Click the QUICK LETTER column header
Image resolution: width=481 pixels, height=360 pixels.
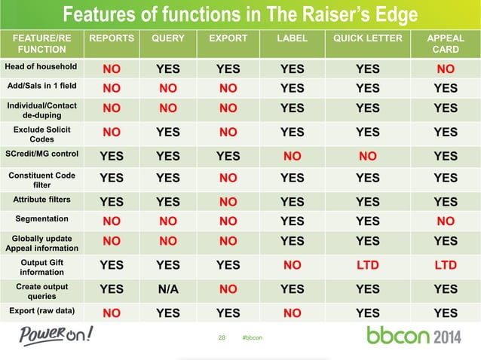tap(368, 38)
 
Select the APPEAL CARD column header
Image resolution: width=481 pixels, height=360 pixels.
tap(446, 44)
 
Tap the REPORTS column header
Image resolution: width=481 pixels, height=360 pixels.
tap(112, 38)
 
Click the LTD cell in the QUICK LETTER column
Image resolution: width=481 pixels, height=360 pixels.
tap(368, 265)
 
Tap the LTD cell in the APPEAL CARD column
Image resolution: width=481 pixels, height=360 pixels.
tap(446, 265)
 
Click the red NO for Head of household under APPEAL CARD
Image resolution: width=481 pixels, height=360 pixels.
tap(446, 70)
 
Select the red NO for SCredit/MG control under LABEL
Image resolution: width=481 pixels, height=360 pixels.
tap(293, 157)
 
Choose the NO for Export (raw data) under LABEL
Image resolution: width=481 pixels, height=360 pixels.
tap(293, 313)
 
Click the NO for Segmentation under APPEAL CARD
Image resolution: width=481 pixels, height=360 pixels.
tap(446, 221)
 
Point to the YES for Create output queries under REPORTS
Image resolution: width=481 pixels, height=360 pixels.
tap(112, 289)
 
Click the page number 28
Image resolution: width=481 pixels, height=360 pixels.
tap(222, 337)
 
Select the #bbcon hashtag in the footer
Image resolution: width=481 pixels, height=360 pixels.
tap(253, 337)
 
